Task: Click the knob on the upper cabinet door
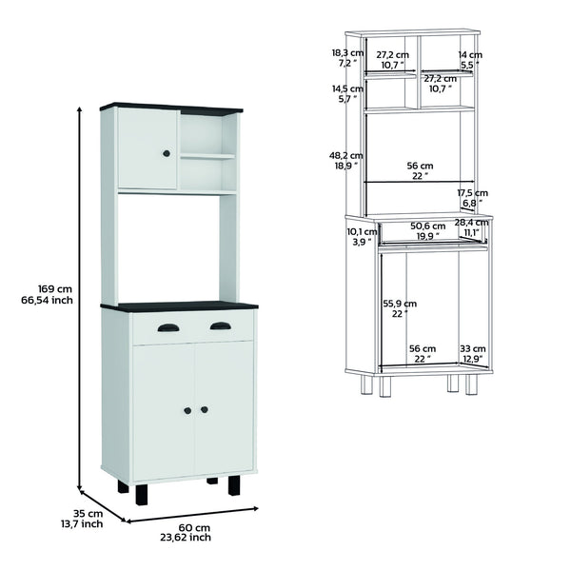(x=167, y=153)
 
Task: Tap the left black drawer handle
(x=167, y=327)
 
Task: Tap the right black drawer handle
(x=220, y=326)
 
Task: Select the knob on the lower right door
(x=204, y=409)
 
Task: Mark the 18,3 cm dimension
(x=347, y=53)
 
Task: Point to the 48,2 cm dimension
(x=347, y=154)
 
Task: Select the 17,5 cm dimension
(x=468, y=192)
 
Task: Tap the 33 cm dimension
(x=471, y=348)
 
